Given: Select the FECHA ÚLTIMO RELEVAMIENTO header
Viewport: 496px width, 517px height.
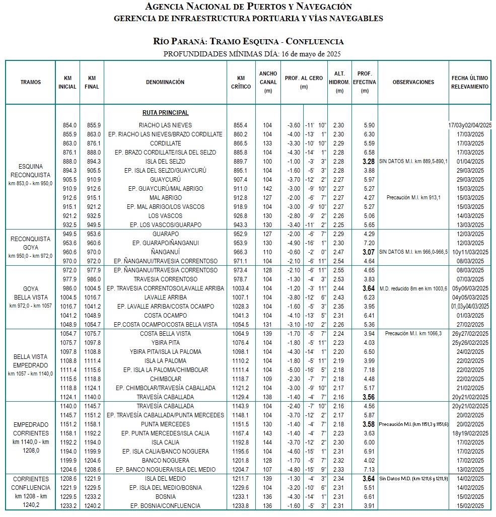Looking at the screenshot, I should click(x=469, y=82).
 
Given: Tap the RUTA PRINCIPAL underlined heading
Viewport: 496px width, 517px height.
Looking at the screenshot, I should click(x=166, y=113).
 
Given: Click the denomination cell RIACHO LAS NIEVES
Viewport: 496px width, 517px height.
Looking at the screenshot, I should click(x=166, y=125).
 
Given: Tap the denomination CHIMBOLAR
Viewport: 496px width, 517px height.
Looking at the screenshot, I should click(x=166, y=379).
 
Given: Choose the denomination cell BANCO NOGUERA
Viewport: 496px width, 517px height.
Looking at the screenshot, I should click(x=166, y=461).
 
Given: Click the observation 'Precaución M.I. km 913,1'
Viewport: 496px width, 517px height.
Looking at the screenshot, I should click(x=413, y=198).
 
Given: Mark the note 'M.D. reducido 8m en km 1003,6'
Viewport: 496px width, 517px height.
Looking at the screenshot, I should click(x=413, y=288).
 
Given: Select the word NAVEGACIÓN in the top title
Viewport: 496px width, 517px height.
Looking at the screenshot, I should click(x=320, y=7).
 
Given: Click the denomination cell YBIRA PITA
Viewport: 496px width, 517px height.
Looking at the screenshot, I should click(x=166, y=342).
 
